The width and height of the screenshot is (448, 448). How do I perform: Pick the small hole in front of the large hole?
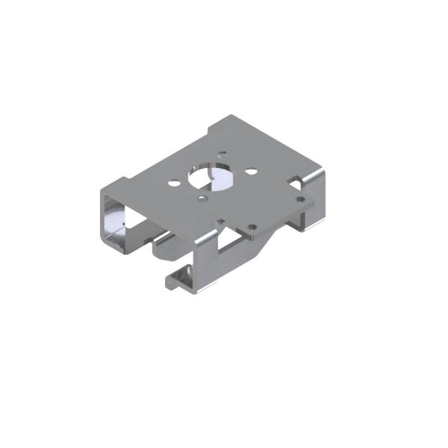click(203, 199)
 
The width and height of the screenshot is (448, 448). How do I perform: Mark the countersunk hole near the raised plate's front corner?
click(252, 228)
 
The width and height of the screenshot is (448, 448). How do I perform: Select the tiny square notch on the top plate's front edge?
click(221, 221)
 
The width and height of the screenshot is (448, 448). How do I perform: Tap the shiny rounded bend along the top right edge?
click(317, 175)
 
